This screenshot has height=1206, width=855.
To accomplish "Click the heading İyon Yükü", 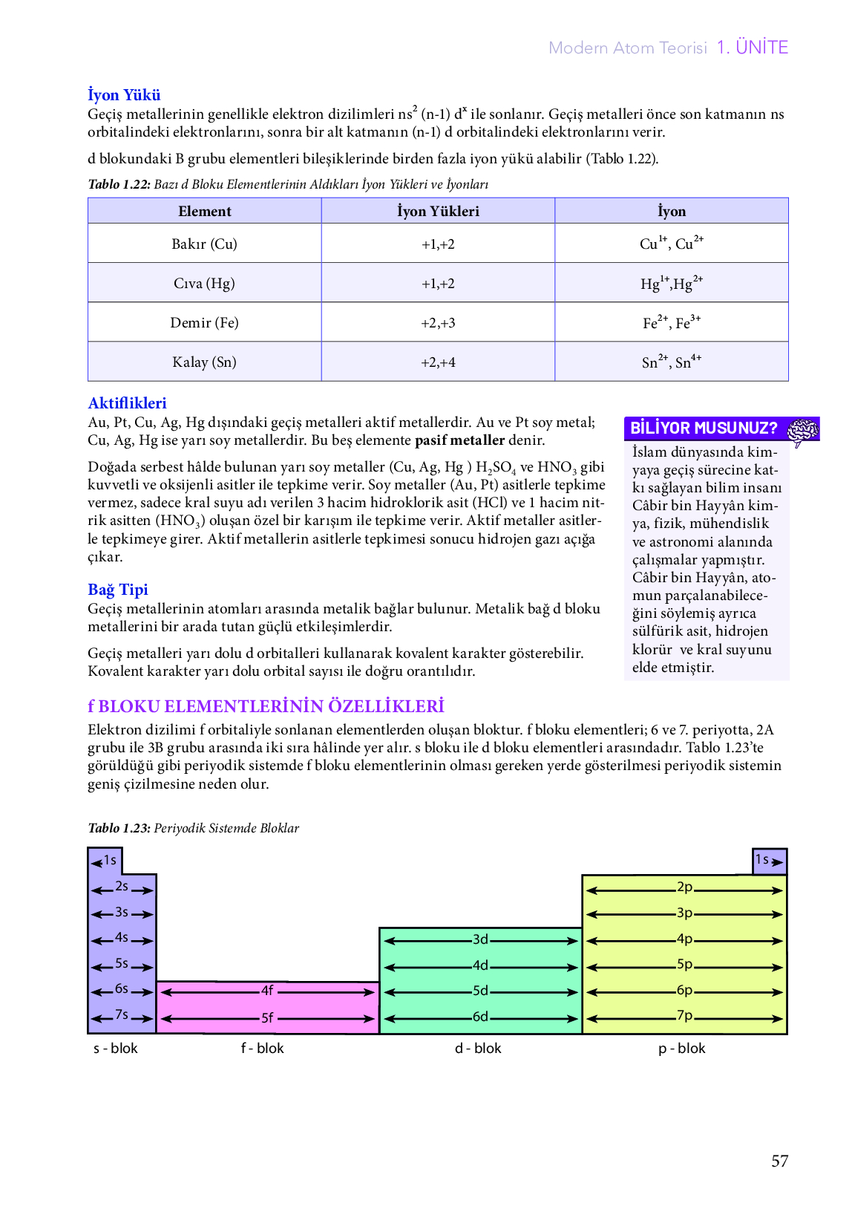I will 124,95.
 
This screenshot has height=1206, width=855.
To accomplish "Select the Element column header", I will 204,211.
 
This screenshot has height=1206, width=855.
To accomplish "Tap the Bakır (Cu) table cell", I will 204,244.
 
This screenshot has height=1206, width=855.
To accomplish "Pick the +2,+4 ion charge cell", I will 438,362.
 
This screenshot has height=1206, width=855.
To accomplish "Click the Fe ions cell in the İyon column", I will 671,322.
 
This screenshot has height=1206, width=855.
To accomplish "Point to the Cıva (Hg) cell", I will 204,283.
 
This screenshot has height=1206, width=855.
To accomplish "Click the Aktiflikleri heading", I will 127,403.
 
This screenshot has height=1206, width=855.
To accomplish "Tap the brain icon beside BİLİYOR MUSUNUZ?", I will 802,430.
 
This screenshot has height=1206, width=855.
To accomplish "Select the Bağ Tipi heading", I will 118,590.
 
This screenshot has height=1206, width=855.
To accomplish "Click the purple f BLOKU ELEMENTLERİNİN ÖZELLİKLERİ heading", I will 266,706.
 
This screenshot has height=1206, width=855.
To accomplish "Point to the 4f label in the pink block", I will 267,991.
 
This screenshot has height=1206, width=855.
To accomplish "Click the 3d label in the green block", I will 480,939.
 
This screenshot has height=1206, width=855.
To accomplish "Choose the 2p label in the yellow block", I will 684,887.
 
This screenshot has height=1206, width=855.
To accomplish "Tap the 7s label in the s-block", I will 122,1014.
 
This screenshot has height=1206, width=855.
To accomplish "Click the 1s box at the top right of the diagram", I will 769,861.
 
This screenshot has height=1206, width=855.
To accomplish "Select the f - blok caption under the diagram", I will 263,1048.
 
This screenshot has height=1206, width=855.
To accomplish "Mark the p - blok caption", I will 681,1048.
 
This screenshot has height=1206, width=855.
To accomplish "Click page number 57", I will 779,1161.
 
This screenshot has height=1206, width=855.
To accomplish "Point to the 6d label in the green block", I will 480,1017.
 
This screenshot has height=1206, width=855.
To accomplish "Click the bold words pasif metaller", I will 459,440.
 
